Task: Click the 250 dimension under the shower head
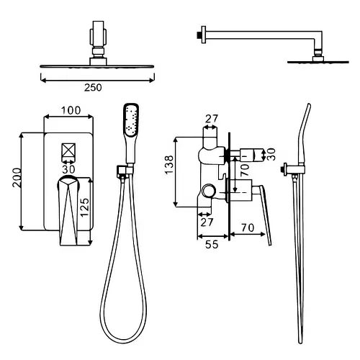93,88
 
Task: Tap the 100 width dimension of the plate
71,110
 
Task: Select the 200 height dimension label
17,178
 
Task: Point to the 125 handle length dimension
84,207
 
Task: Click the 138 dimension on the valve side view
169,165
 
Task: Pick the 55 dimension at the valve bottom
212,245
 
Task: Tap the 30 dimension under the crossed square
68,169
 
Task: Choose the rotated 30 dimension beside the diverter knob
271,154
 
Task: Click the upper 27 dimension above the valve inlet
212,119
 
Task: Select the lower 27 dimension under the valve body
207,222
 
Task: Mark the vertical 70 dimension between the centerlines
245,170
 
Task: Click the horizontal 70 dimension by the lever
248,228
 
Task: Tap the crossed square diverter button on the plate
68,150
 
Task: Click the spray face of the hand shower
132,119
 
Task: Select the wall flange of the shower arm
204,35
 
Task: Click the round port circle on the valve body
209,191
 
